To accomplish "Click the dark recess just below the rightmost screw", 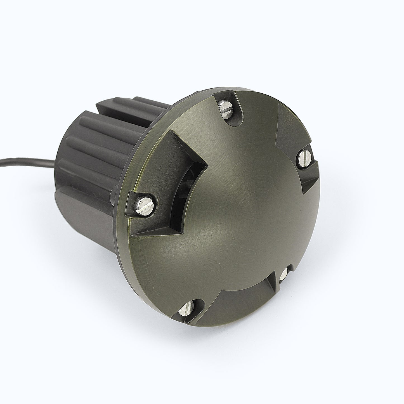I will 308,179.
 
